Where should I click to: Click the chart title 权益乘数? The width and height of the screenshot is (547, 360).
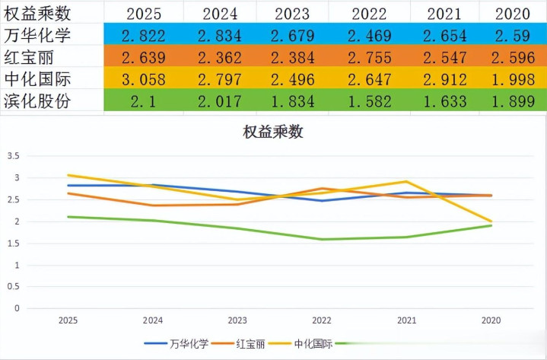(273, 132)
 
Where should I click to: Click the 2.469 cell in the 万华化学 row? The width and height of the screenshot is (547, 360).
(369, 36)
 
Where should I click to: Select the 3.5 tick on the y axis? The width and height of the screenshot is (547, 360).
(12, 156)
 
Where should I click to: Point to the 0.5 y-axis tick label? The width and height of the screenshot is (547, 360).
(12, 287)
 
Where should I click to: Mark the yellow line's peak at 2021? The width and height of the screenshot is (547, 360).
(406, 181)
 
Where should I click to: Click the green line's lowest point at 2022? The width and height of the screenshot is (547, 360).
(323, 239)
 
